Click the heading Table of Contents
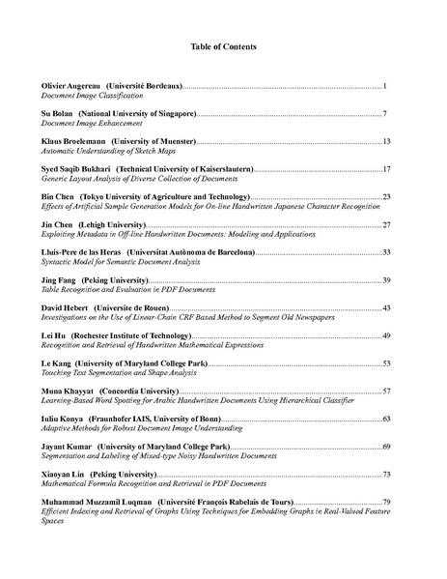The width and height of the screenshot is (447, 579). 223,46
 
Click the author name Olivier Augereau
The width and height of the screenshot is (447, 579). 70,87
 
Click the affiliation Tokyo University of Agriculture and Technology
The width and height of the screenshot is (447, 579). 168,197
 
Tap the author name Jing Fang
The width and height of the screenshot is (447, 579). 58,280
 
